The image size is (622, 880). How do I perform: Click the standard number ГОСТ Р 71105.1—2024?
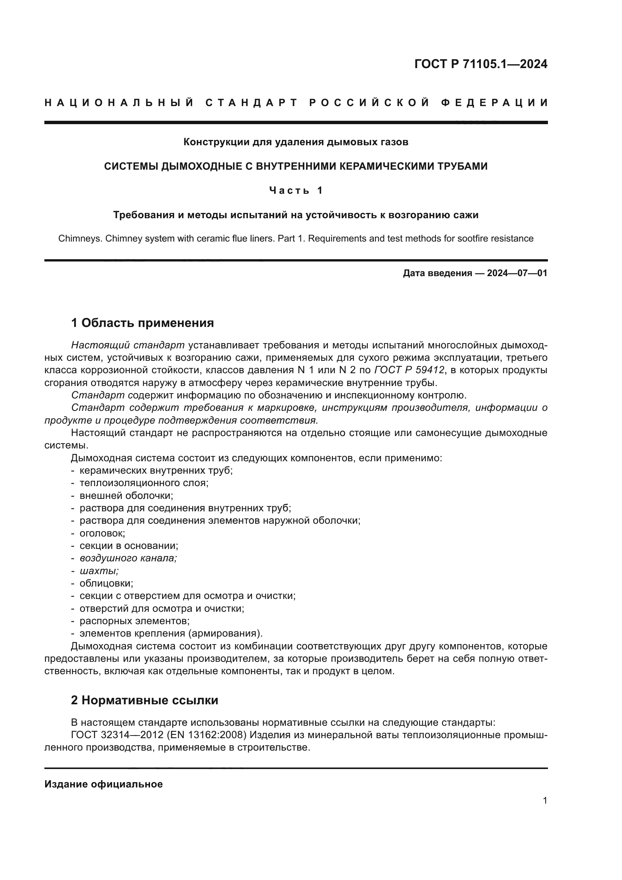point(481,64)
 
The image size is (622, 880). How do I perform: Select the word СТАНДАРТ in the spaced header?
point(252,103)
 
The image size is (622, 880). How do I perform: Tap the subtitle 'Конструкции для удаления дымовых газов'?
point(296,142)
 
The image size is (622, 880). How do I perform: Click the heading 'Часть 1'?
point(296,190)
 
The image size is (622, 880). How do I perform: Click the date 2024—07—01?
point(517,273)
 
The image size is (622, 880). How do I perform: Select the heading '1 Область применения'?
point(143,323)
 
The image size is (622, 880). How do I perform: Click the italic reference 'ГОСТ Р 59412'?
point(409,370)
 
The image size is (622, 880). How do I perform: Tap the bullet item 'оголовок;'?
point(102,533)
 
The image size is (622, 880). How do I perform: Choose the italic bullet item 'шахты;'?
point(99,571)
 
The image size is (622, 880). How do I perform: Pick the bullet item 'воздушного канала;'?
point(128,558)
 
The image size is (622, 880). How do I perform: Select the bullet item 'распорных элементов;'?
point(134,620)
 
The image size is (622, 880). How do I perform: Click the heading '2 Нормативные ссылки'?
point(144,700)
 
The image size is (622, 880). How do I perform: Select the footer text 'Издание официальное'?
point(103,784)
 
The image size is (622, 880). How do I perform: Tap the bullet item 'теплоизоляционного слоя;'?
point(144,483)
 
